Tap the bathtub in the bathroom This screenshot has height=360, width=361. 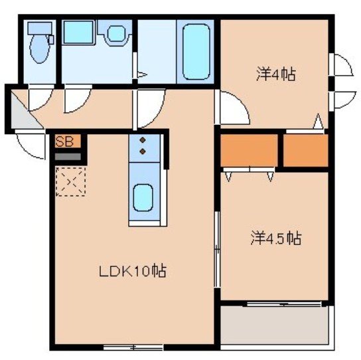[x=196, y=51]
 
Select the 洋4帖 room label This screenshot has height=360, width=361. [x=275, y=74]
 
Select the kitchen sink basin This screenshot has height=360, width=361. [x=143, y=195]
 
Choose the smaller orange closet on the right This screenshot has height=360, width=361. [x=306, y=151]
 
